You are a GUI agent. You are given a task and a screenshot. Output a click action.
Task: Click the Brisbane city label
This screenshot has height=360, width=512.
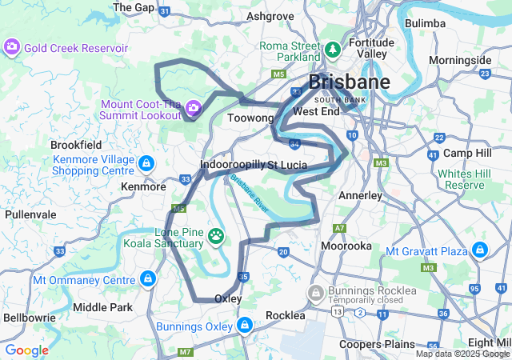click(x=350, y=82)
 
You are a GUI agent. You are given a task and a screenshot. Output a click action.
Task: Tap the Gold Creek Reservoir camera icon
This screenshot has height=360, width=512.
click(x=13, y=47)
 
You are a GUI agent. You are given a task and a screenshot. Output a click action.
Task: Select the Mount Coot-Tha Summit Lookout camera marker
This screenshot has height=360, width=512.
click(x=193, y=108)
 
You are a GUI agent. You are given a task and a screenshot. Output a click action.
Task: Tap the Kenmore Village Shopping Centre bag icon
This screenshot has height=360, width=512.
click(x=146, y=165)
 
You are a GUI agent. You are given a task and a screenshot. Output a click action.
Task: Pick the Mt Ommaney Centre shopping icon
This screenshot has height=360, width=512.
click(x=147, y=279)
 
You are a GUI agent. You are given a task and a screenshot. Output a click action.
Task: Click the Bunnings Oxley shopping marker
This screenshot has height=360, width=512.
click(x=245, y=326)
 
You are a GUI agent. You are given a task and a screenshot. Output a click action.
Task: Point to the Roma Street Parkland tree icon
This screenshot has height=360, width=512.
click(x=332, y=50)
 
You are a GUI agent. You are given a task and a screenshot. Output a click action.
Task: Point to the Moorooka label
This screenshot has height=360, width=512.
click(x=346, y=246)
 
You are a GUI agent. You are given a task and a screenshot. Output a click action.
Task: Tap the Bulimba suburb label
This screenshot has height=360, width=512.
click(x=425, y=23)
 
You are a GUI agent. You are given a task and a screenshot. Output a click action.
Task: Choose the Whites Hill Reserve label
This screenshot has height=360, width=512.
click(x=464, y=179)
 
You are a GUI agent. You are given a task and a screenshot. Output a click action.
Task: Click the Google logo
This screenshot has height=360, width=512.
click(x=26, y=350)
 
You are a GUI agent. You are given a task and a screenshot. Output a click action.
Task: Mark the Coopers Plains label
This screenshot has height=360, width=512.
click(x=379, y=344)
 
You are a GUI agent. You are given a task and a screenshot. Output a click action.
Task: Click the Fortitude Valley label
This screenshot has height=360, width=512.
click(x=371, y=47)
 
